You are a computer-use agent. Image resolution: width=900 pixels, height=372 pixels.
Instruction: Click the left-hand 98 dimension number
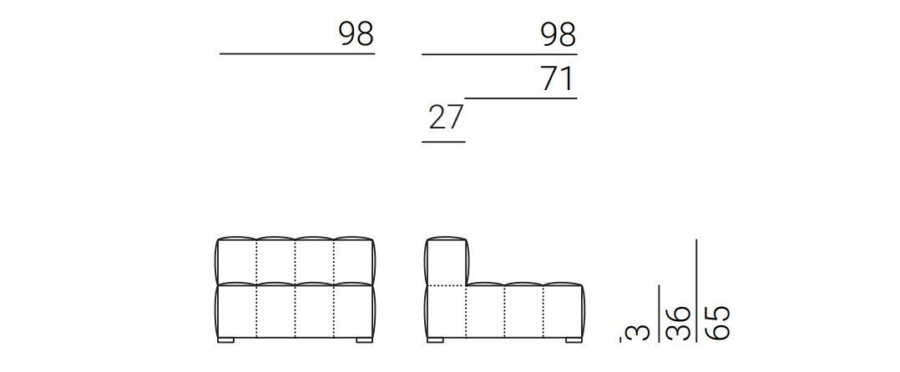[356, 34]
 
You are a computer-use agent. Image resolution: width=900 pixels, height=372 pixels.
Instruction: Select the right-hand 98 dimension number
[558, 34]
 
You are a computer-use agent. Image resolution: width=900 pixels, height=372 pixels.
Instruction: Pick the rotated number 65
[716, 323]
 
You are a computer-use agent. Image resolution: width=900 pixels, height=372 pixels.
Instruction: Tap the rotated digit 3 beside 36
[642, 333]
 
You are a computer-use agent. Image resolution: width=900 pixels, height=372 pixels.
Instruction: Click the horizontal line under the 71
[521, 98]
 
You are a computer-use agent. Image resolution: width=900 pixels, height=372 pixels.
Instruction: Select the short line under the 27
[443, 142]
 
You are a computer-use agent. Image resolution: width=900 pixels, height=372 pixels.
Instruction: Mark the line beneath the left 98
[297, 54]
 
